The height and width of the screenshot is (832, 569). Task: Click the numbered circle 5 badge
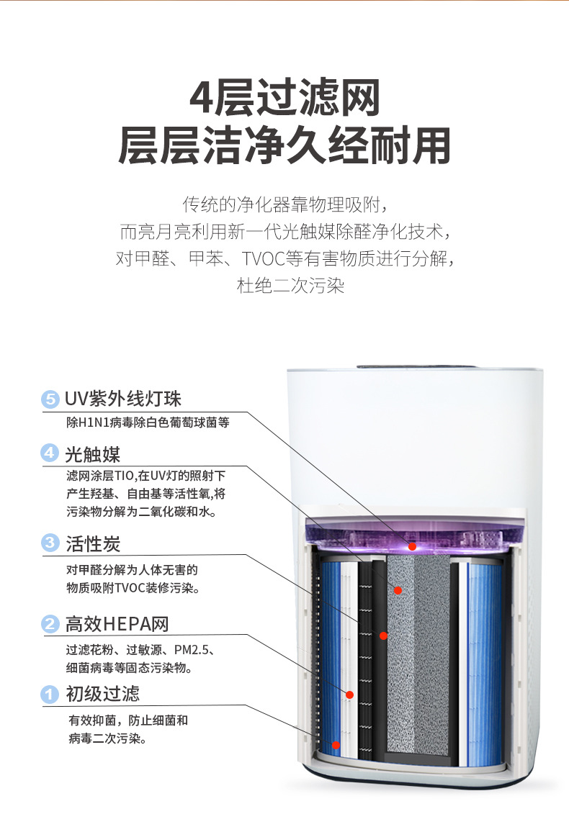[x=50, y=399]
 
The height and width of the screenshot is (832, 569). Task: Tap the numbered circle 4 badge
[x=50, y=453]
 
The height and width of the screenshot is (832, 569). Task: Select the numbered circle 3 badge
[x=50, y=542]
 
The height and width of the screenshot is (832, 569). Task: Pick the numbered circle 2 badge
[x=50, y=623]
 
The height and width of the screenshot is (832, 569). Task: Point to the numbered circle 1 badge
[x=50, y=694]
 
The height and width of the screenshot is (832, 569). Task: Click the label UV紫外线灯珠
[x=123, y=399]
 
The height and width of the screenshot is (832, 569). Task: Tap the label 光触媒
[x=93, y=454]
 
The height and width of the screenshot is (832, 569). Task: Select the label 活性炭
[x=93, y=543]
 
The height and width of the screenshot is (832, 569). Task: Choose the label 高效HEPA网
[x=117, y=624]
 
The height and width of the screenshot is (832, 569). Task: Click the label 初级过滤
[x=102, y=694]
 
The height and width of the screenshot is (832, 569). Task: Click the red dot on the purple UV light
[x=412, y=546]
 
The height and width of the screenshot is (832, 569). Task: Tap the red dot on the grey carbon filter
[x=398, y=590]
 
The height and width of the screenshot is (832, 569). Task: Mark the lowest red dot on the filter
[x=336, y=745]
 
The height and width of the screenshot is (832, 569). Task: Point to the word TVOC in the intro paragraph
[x=264, y=258]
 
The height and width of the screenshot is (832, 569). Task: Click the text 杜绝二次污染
[x=290, y=286]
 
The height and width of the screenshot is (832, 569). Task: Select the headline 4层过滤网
[x=285, y=98]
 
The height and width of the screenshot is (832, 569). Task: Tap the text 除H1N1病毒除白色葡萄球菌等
[x=148, y=422]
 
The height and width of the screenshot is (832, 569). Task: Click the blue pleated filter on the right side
[x=484, y=664]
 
